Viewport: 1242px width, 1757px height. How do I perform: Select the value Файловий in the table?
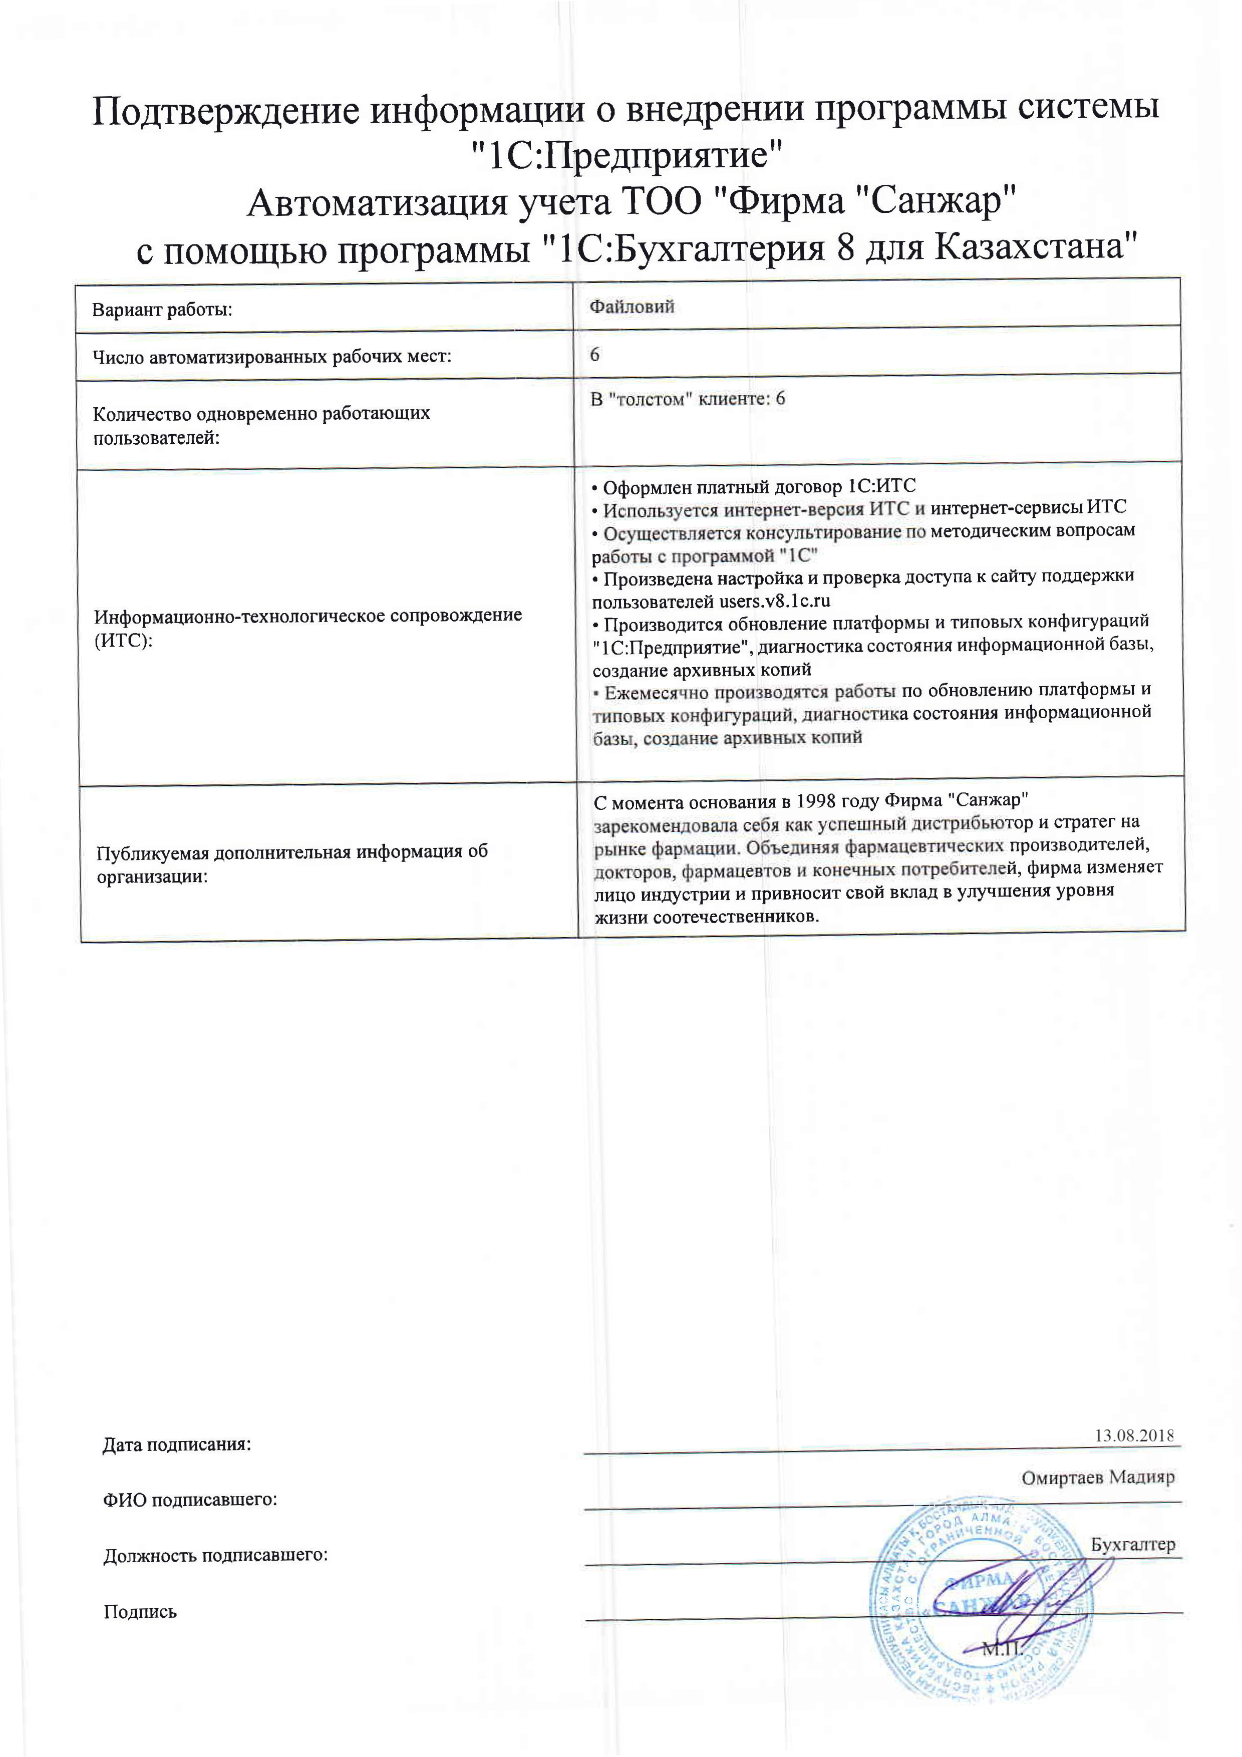[632, 307]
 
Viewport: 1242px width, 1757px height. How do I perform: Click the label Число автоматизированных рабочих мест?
[271, 357]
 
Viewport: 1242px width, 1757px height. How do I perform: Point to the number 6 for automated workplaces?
[594, 354]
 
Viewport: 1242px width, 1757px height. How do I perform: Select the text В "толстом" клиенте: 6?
[687, 399]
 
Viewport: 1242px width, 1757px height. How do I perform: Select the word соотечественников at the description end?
[736, 916]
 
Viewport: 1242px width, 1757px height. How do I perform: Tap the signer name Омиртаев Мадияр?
[1097, 1477]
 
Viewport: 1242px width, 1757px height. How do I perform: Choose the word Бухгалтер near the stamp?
[1132, 1544]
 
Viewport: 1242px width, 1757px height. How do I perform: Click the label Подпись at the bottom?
[140, 1612]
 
